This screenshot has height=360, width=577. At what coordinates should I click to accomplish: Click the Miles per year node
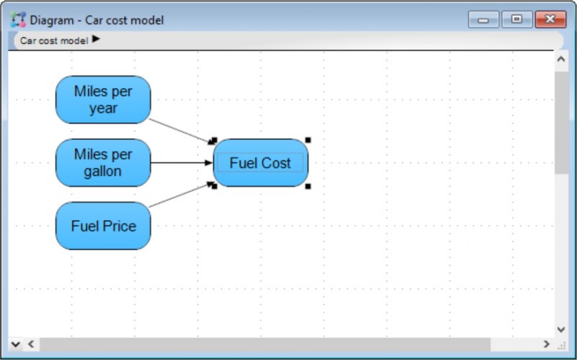tap(103, 100)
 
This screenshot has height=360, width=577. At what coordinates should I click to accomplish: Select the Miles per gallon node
tap(103, 163)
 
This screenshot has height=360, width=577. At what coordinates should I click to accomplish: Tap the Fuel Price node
tap(103, 226)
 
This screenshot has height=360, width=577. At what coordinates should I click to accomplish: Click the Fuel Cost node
tap(260, 163)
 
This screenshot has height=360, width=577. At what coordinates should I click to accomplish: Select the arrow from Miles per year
tap(180, 131)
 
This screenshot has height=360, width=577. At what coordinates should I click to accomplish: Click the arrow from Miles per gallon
tap(182, 163)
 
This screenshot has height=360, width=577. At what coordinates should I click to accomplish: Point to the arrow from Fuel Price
tap(180, 195)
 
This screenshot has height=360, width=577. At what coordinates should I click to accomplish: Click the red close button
tap(550, 19)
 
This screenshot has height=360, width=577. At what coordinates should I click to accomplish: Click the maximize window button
tap(517, 19)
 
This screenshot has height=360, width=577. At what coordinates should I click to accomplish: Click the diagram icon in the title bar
tap(18, 19)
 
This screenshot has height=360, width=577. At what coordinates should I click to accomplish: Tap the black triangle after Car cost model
tap(96, 39)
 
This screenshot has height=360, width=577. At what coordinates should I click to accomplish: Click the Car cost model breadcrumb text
tap(54, 40)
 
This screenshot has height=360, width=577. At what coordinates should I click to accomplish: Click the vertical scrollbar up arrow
tap(561, 59)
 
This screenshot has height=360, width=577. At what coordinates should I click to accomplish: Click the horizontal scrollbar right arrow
tap(547, 344)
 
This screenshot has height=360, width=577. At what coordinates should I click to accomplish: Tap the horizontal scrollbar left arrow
tap(31, 344)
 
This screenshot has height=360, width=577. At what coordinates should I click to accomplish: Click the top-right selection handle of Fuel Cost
tap(308, 140)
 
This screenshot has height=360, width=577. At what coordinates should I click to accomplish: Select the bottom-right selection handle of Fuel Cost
tap(308, 187)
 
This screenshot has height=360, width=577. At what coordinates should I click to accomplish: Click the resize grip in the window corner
tap(562, 346)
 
